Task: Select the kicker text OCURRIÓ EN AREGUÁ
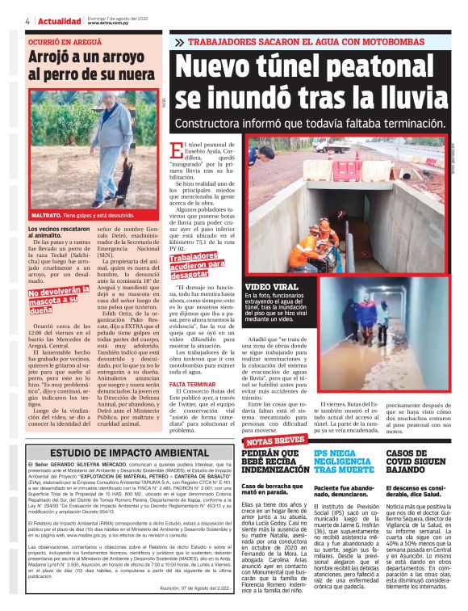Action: pos(62,40)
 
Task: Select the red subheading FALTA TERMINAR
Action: pos(190,383)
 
